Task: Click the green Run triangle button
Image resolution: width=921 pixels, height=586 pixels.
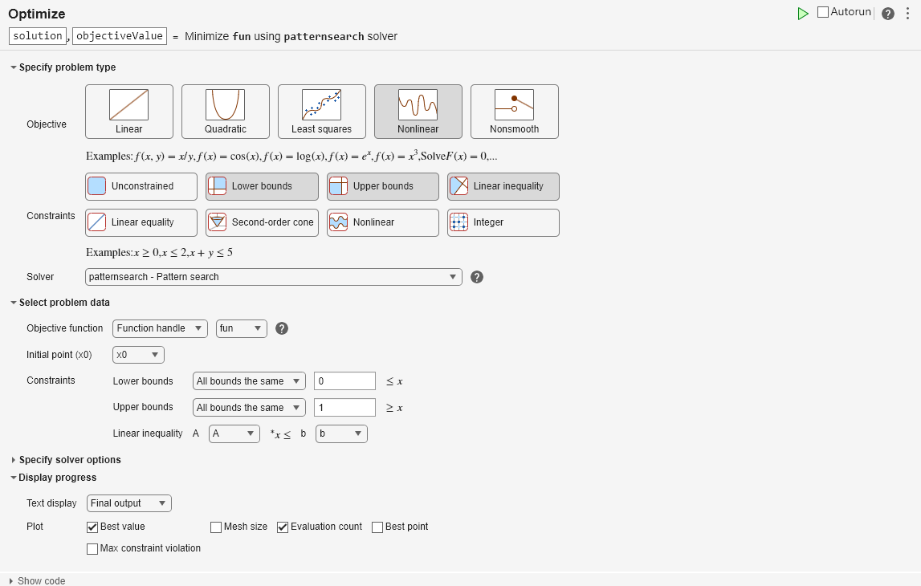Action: pos(802,14)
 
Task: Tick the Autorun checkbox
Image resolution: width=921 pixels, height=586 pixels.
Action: pos(823,12)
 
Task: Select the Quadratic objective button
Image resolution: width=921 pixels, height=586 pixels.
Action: pos(226,112)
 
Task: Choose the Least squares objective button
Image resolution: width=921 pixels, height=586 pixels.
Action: pos(322,112)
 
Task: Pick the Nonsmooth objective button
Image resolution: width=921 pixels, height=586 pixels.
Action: pos(515,112)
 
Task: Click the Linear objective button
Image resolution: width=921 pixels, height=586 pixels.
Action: pos(129,112)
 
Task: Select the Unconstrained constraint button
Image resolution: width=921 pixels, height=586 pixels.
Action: pos(141,186)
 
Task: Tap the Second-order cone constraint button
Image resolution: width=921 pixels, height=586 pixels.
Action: pos(262,222)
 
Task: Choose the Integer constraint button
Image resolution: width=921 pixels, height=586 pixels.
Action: pos(503,222)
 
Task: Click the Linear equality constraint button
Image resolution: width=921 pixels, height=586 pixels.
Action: pos(141,222)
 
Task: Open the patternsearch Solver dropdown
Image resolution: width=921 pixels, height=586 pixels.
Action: pos(274,277)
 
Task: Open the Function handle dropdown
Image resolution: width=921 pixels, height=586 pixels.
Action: pos(160,328)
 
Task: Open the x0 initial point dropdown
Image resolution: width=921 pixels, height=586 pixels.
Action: pos(138,355)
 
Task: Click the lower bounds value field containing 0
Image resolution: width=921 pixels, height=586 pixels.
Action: pos(344,381)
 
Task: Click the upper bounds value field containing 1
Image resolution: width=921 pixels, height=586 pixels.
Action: pos(344,408)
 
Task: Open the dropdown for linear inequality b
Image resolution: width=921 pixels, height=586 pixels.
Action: pos(341,434)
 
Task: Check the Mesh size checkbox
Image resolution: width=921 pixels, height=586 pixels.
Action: pos(216,527)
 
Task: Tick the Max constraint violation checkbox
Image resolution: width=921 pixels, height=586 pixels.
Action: pos(92,549)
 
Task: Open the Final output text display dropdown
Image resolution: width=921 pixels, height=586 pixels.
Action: pos(129,503)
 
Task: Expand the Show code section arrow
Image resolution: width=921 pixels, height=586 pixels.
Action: pos(11,581)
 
